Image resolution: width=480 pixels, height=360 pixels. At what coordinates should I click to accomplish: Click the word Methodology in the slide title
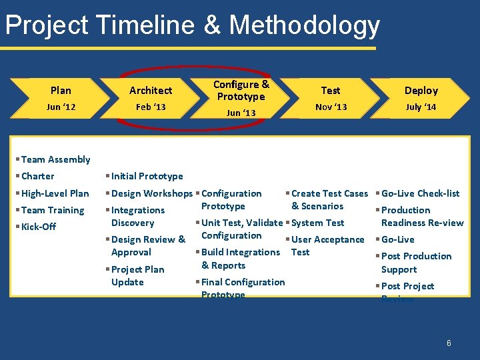point(305,25)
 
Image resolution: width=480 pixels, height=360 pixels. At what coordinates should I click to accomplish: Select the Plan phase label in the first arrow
point(61,90)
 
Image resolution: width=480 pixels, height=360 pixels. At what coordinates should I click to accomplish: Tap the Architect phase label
point(151,90)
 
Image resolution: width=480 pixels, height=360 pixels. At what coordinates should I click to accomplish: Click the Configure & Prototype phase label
point(241,90)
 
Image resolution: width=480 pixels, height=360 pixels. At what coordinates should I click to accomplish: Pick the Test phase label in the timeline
point(331,90)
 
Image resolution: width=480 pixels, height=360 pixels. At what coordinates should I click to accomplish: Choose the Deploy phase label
point(421,90)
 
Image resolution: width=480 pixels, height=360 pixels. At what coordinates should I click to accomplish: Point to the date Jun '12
point(61,107)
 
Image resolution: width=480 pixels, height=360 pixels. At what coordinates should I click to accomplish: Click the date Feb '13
point(151,107)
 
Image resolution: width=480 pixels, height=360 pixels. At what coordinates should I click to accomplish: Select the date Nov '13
point(331,107)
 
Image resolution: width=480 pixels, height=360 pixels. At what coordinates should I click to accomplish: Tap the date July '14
point(421,107)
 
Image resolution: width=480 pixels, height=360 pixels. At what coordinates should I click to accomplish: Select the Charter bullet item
point(38,176)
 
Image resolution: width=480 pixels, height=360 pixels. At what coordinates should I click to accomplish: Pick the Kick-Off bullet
point(39,227)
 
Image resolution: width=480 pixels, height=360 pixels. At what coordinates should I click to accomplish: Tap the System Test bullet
point(317,223)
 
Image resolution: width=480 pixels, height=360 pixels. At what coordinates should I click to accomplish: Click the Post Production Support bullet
point(416,263)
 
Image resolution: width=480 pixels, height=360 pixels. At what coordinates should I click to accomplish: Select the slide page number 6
point(449,343)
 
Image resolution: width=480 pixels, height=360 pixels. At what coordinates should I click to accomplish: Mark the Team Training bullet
point(53,210)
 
